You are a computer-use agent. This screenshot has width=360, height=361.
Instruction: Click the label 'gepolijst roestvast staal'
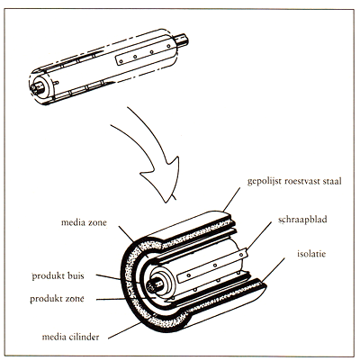(x=294, y=182)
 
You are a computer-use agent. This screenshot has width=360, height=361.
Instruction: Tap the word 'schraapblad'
(x=302, y=220)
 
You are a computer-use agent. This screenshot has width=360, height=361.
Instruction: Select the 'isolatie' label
(x=311, y=254)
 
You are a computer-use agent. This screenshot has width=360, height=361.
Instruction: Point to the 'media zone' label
(x=84, y=222)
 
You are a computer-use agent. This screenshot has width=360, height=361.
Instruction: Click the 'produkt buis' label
(x=58, y=276)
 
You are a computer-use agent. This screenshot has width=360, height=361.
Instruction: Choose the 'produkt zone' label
(x=57, y=299)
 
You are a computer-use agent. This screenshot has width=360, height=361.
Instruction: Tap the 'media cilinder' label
(x=70, y=337)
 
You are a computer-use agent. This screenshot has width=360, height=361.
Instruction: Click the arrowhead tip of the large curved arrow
(x=166, y=203)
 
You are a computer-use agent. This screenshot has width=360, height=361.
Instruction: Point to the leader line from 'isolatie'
(x=273, y=270)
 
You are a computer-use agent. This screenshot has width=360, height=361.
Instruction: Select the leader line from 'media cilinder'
(x=124, y=330)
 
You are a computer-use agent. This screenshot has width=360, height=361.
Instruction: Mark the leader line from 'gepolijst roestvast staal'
(x=231, y=200)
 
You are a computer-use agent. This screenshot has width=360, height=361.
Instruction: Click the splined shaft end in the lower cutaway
(x=155, y=285)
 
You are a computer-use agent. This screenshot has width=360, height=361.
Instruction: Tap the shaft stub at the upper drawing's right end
(x=183, y=41)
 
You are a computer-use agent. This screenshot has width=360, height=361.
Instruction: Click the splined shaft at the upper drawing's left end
(x=37, y=88)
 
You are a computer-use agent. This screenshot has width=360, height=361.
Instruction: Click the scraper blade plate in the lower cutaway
(x=212, y=266)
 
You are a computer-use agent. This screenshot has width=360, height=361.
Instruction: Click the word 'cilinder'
(x=83, y=337)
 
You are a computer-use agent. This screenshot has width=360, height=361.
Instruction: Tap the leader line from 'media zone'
(x=126, y=234)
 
